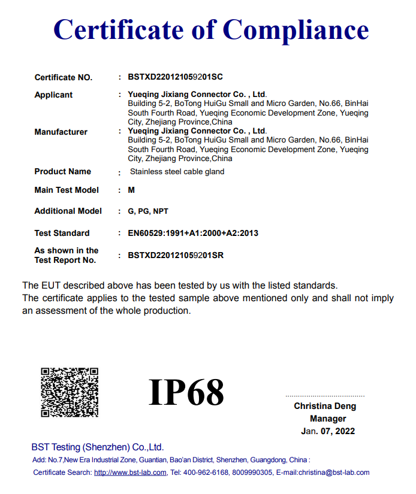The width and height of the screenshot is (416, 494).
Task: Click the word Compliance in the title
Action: [x=296, y=30]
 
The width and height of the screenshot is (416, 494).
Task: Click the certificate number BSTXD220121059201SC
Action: [x=175, y=77]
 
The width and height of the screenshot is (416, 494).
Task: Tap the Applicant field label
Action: [x=53, y=95]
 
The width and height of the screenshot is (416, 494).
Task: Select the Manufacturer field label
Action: [x=61, y=132]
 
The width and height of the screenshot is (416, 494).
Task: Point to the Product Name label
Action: [x=62, y=171]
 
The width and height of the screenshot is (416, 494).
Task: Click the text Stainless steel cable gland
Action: [x=177, y=172]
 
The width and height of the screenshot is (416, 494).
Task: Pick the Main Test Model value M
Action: [x=131, y=190]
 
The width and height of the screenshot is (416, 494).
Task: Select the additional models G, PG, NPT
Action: [x=147, y=211]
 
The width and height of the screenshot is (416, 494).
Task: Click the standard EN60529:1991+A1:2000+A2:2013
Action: [x=192, y=233]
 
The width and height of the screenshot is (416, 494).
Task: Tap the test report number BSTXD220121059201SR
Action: [x=176, y=255]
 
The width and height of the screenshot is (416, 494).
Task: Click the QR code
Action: [x=70, y=392]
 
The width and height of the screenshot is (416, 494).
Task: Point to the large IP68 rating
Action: [x=186, y=393]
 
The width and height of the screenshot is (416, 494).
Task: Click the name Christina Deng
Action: [x=325, y=406]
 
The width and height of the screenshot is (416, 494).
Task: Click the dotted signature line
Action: [x=325, y=396]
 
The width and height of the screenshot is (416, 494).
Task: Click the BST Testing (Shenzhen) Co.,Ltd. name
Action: [x=97, y=447]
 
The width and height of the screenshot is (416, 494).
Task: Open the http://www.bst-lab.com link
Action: [x=130, y=472]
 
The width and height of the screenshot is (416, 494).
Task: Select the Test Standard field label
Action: [x=62, y=233]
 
